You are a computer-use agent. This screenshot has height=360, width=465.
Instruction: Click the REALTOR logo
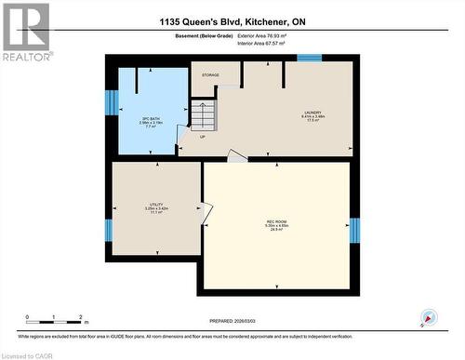click(25, 33)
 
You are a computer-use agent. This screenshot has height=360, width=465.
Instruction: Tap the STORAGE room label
click(210, 74)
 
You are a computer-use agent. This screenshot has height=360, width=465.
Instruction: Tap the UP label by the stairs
click(203, 137)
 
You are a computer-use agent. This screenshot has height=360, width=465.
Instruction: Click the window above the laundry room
click(309, 59)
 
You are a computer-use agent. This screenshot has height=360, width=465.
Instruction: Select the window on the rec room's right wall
click(353, 230)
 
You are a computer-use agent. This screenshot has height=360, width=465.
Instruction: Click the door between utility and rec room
click(206, 215)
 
